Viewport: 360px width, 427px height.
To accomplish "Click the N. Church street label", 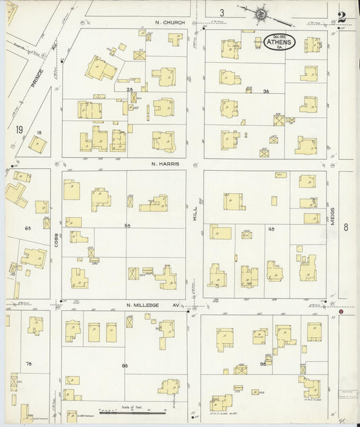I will pyautogui.click(x=166, y=22).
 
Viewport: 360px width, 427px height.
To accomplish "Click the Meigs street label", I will pyautogui.click(x=332, y=216).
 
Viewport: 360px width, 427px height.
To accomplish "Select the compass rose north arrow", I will pyautogui.click(x=259, y=12).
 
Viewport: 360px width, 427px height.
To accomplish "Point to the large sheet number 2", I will pyautogui.click(x=342, y=16).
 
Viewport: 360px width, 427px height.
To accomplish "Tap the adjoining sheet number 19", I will pyautogui.click(x=20, y=128).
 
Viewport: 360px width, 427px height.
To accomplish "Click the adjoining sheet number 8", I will pyautogui.click(x=345, y=227).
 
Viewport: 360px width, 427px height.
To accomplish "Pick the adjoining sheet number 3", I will pyautogui.click(x=221, y=12).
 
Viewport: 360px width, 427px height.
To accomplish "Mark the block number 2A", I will pyautogui.click(x=128, y=89).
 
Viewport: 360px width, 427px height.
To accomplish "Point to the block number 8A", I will pyautogui.click(x=125, y=366).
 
